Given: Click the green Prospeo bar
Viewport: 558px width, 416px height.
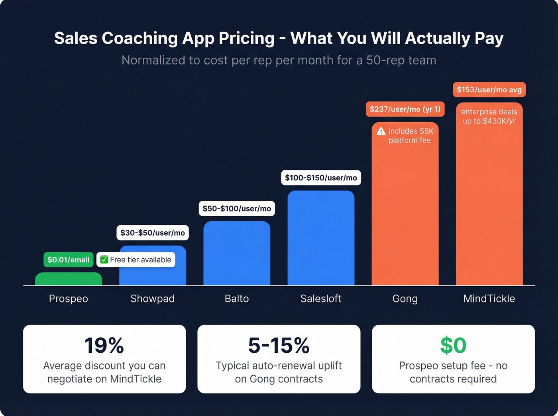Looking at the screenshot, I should (x=69, y=279).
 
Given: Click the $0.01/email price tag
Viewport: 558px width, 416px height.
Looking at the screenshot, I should (x=69, y=260).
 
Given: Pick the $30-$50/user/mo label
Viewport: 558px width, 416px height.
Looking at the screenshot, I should (x=153, y=233).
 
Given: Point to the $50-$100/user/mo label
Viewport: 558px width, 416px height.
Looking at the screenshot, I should (x=237, y=209).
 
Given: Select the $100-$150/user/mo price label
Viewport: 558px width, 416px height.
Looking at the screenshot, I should (x=321, y=178).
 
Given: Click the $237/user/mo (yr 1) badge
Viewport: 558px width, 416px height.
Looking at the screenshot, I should (x=405, y=109).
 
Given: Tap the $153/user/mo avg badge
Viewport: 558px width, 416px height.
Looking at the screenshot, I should (x=489, y=90).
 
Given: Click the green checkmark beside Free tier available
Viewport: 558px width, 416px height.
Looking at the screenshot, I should (x=104, y=260).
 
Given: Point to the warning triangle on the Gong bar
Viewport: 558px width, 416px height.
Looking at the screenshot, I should (x=381, y=131).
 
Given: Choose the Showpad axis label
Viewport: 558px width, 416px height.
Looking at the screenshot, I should (x=153, y=299).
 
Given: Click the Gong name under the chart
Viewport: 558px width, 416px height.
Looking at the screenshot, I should (x=405, y=299).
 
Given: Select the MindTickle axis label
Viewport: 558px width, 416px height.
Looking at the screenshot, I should (x=489, y=299).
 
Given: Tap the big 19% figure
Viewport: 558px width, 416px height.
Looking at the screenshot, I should (x=104, y=345).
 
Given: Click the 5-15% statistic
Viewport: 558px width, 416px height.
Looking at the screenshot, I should (x=279, y=345).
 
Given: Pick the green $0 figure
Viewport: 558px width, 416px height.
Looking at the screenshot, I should (x=453, y=345).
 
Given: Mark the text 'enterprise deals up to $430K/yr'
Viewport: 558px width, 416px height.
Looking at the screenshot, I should (x=489, y=117).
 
